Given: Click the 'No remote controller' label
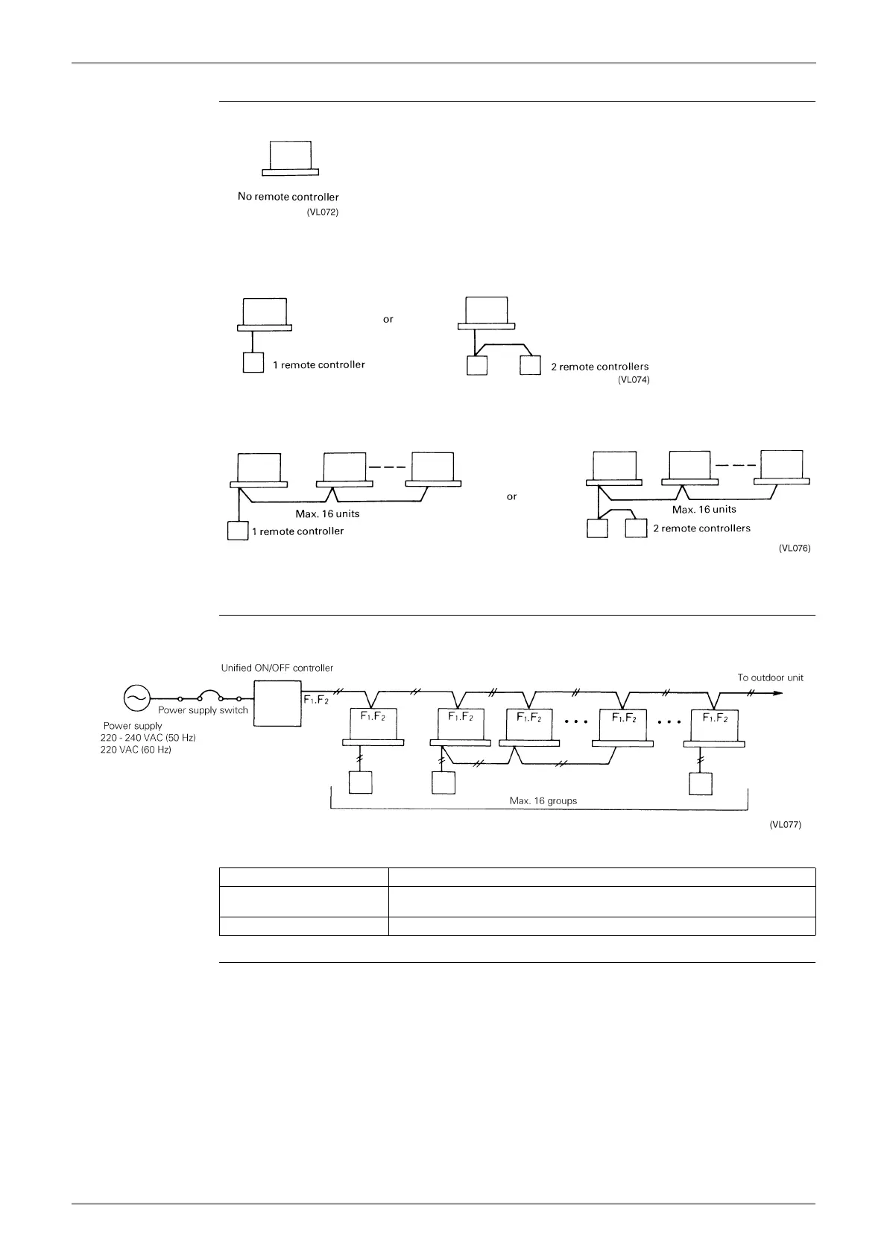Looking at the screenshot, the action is [x=288, y=197].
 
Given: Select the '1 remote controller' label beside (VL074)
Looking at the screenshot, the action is [x=318, y=364].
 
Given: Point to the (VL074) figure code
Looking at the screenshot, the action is [x=634, y=380].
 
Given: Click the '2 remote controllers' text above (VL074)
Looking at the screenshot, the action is [x=599, y=366].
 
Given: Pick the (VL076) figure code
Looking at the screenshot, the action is [x=795, y=548].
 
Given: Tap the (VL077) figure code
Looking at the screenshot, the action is [x=785, y=825].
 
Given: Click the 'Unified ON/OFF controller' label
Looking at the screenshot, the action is [x=277, y=668].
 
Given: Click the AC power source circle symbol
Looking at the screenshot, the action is [x=136, y=698].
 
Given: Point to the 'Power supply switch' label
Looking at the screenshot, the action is [x=203, y=710].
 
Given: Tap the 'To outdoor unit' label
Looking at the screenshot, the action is [x=770, y=677].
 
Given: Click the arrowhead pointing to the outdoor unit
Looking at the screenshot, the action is [x=778, y=692].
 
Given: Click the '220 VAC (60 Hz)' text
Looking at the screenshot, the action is [x=136, y=750].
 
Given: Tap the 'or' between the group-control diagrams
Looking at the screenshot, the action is [x=511, y=496].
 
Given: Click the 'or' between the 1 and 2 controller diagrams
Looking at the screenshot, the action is [x=388, y=319].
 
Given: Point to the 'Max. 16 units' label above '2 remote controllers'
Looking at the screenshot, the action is [x=704, y=509].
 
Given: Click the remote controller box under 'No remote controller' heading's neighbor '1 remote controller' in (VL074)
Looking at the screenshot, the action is [x=253, y=363].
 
